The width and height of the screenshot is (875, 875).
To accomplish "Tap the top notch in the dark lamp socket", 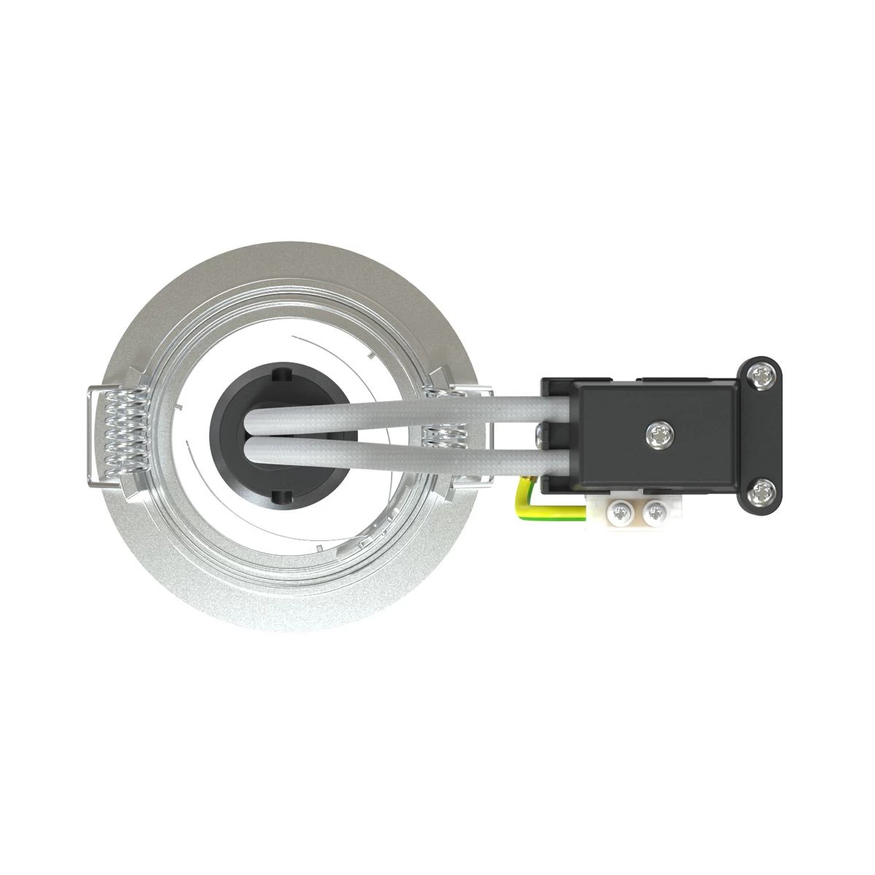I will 280,376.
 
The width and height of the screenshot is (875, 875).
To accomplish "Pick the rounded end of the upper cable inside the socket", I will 252,421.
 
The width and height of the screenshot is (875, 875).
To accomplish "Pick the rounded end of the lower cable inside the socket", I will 252,451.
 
